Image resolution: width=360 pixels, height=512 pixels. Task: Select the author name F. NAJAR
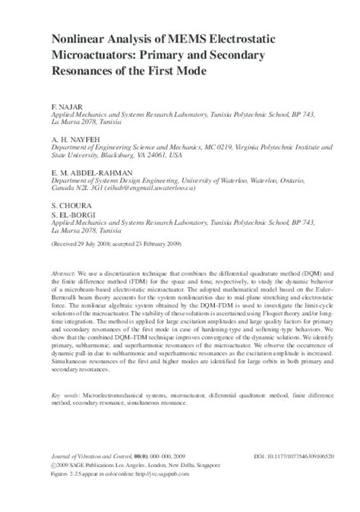coord(65,102)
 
